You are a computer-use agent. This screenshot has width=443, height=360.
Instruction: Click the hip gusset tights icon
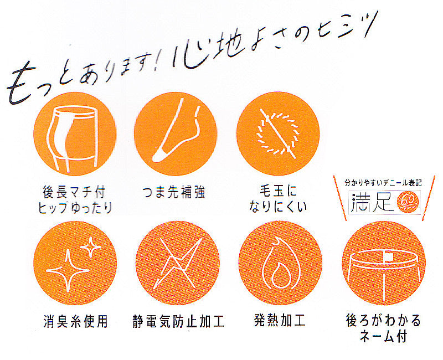75,133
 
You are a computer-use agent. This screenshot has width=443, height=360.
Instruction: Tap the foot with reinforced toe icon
176,133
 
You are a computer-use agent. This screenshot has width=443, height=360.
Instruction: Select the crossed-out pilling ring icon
278,133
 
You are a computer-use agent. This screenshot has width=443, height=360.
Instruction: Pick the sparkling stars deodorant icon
75,263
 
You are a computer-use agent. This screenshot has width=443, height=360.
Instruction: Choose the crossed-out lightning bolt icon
177,263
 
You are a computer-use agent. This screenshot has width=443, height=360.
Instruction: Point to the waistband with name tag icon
384,263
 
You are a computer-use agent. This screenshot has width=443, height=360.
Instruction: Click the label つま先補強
174,192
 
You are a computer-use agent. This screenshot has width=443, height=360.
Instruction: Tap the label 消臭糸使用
75,321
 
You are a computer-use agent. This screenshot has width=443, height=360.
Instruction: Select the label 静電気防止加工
178,321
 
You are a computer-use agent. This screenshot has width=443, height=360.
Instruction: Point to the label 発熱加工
280,321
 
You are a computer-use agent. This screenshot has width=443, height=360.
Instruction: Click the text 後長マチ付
74,192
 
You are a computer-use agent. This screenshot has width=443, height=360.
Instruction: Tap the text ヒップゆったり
75,208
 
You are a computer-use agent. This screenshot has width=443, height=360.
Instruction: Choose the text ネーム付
383,337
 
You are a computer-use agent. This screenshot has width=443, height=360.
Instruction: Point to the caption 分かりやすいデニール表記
383,183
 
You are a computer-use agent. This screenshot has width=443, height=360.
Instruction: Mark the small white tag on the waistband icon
389,256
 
